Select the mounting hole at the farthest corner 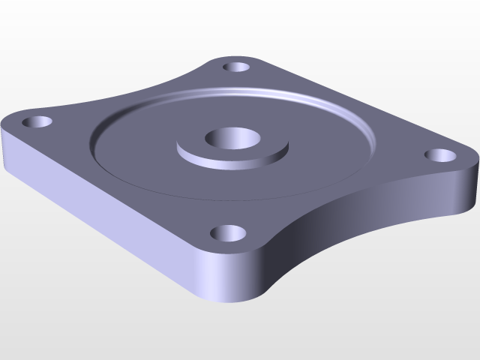237,67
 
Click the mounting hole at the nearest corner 228,233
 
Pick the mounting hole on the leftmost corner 35,121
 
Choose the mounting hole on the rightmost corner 440,155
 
